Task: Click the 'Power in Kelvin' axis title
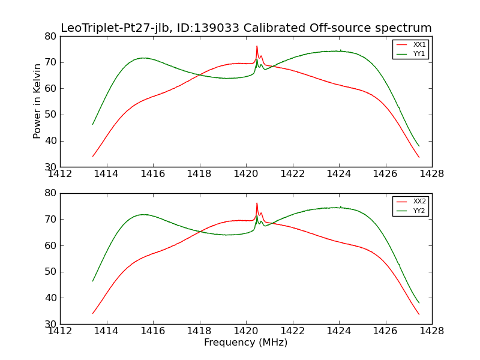37,101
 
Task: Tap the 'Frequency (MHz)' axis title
245,343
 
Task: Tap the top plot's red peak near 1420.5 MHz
257,46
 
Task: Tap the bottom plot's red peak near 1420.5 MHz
257,203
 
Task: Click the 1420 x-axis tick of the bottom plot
245,330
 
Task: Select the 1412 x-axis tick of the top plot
60,173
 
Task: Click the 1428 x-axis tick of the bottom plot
431,330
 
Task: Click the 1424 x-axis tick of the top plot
338,173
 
